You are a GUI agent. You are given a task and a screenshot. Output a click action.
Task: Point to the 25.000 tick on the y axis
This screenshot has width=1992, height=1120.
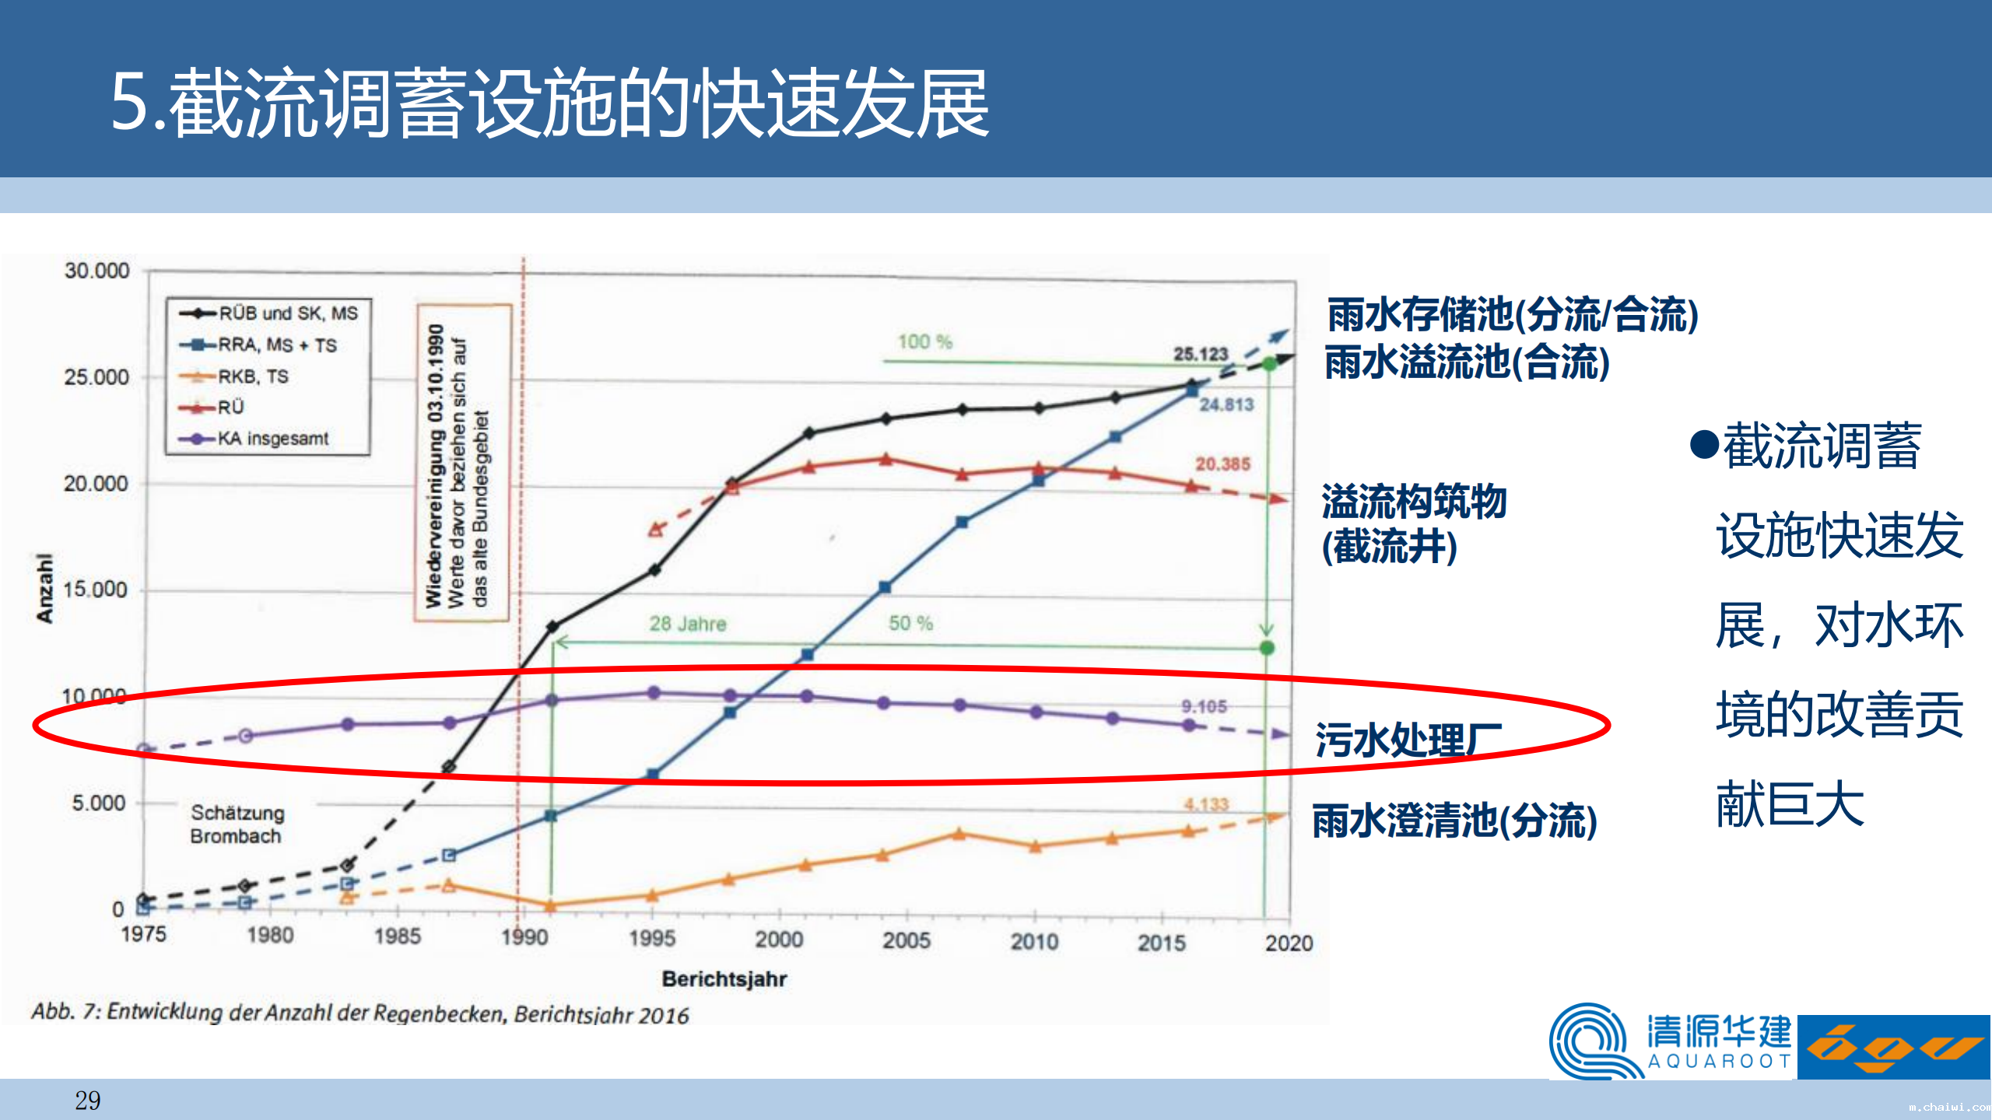(96, 377)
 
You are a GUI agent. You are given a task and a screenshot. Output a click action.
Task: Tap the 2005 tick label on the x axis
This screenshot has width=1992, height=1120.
(907, 940)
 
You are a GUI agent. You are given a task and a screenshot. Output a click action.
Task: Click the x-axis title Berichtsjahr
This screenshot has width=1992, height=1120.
(724, 978)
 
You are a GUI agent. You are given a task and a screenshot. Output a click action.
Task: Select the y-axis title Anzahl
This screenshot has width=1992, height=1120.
(44, 588)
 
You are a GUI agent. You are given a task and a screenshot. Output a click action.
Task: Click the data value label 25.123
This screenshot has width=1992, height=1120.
(1200, 354)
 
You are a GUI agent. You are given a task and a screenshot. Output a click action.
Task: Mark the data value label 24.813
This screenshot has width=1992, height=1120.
(1226, 404)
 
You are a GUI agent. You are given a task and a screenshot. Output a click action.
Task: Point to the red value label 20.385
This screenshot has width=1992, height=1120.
(1222, 464)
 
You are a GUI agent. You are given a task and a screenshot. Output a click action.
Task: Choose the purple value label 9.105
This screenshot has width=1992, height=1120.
(1204, 706)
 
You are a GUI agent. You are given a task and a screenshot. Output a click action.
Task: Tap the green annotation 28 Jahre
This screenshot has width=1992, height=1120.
(688, 624)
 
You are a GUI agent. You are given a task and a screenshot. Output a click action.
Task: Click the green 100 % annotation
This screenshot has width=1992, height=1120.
(925, 341)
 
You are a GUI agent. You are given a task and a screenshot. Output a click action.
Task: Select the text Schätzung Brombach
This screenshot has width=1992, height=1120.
(237, 824)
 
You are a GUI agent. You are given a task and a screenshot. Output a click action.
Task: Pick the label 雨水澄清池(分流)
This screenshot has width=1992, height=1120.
(1454, 821)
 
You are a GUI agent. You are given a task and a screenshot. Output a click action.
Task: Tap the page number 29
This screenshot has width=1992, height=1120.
(87, 1100)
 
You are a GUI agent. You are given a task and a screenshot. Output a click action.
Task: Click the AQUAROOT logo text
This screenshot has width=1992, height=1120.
(1719, 1061)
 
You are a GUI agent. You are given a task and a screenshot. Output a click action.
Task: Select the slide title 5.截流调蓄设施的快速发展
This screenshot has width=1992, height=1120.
(549, 103)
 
